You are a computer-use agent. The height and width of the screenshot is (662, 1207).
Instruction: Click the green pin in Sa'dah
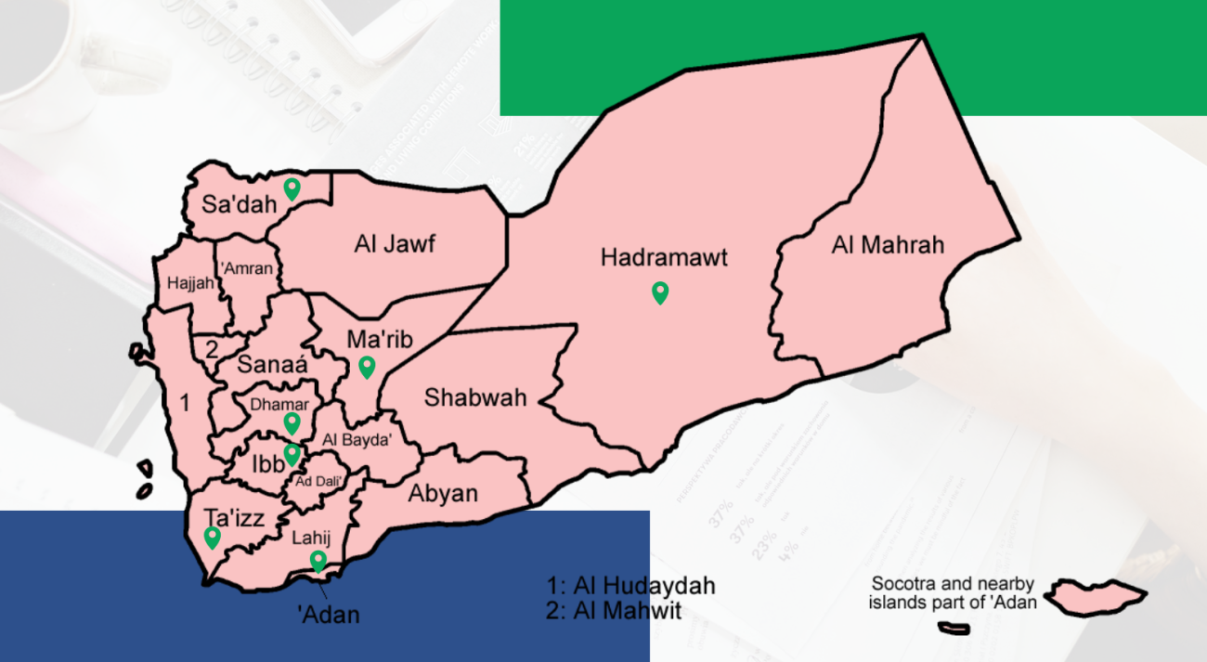pyautogui.click(x=292, y=188)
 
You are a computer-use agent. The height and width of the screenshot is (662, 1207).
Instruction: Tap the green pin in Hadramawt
pyautogui.click(x=660, y=293)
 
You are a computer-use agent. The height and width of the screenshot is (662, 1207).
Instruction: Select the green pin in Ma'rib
pyautogui.click(x=367, y=368)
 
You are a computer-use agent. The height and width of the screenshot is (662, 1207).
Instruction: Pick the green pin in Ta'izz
pyautogui.click(x=213, y=538)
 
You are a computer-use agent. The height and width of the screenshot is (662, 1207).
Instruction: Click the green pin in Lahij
pyautogui.click(x=318, y=561)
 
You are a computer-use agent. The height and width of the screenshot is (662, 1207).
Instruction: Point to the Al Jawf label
pyautogui.click(x=395, y=245)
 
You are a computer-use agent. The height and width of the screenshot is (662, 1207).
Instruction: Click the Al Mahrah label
pyautogui.click(x=888, y=245)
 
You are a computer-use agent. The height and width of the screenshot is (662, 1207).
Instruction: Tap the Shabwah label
pyautogui.click(x=475, y=398)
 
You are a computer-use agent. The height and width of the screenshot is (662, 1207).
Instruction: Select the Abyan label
pyautogui.click(x=443, y=494)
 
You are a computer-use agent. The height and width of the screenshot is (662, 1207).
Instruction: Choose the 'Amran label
pyautogui.click(x=249, y=269)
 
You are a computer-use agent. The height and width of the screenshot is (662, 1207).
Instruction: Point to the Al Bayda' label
pyautogui.click(x=357, y=440)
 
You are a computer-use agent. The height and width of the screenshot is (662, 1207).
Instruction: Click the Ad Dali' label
pyautogui.click(x=318, y=481)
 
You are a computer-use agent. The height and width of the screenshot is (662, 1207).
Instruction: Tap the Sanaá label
pyautogui.click(x=272, y=365)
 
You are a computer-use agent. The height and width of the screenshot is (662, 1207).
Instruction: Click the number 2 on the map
pyautogui.click(x=212, y=350)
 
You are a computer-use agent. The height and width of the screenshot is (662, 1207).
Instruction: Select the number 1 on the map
pyautogui.click(x=185, y=403)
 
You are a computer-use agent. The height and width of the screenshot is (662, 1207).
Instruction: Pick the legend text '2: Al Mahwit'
pyautogui.click(x=615, y=610)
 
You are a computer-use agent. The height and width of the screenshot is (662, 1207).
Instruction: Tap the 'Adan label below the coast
pyautogui.click(x=328, y=614)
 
